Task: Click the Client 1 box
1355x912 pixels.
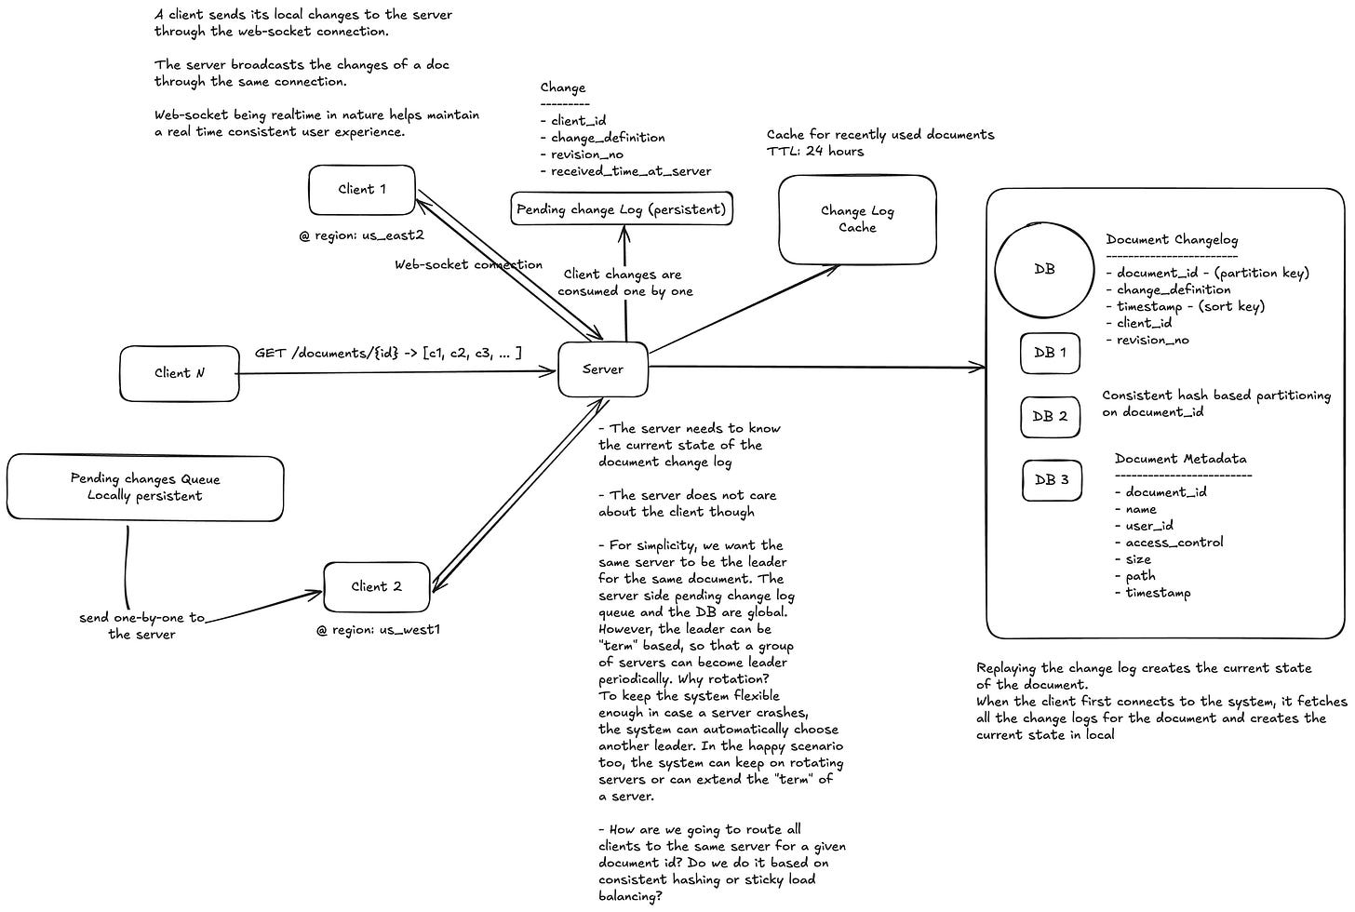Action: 361,190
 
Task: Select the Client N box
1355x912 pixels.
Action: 179,373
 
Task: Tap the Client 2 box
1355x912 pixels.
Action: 376,586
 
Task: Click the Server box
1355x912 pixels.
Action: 602,369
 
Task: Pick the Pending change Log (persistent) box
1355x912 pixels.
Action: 622,209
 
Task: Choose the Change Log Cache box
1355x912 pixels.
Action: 856,220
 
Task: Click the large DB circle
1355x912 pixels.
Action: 1044,269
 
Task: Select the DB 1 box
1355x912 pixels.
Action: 1050,354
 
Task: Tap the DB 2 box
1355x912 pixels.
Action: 1050,416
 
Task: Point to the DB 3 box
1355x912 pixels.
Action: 1052,480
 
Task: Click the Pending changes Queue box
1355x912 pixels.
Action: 144,488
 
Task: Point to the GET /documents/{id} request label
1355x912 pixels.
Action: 388,353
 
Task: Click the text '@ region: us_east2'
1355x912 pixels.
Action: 361,235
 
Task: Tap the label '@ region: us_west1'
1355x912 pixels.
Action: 378,630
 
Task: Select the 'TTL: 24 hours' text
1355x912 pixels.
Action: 815,152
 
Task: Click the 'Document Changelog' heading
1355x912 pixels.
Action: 1172,239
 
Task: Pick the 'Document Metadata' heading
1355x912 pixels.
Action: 1180,459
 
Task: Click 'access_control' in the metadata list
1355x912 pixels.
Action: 1174,543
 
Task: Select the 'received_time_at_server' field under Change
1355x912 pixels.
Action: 630,171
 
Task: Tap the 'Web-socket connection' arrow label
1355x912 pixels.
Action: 468,264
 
